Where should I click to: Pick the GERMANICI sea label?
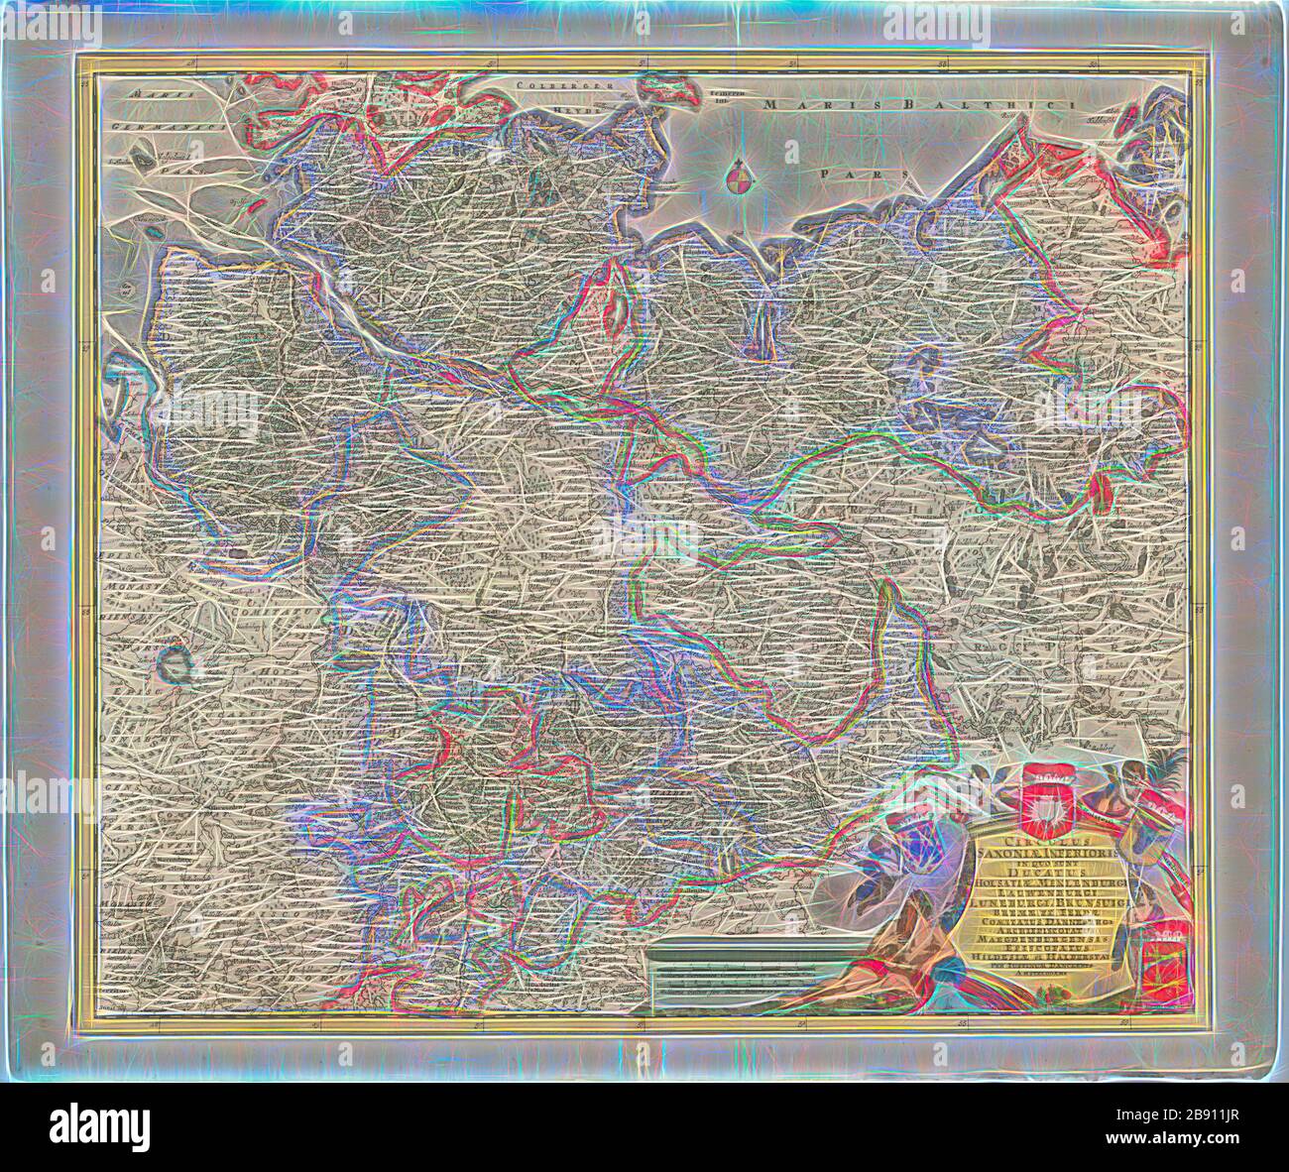coord(141,126)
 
